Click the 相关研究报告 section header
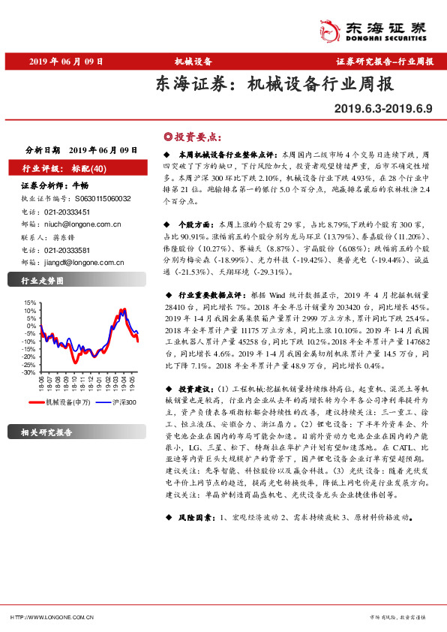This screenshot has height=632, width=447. coord(46,432)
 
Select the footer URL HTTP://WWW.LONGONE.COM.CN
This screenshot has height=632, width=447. coord(52,616)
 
